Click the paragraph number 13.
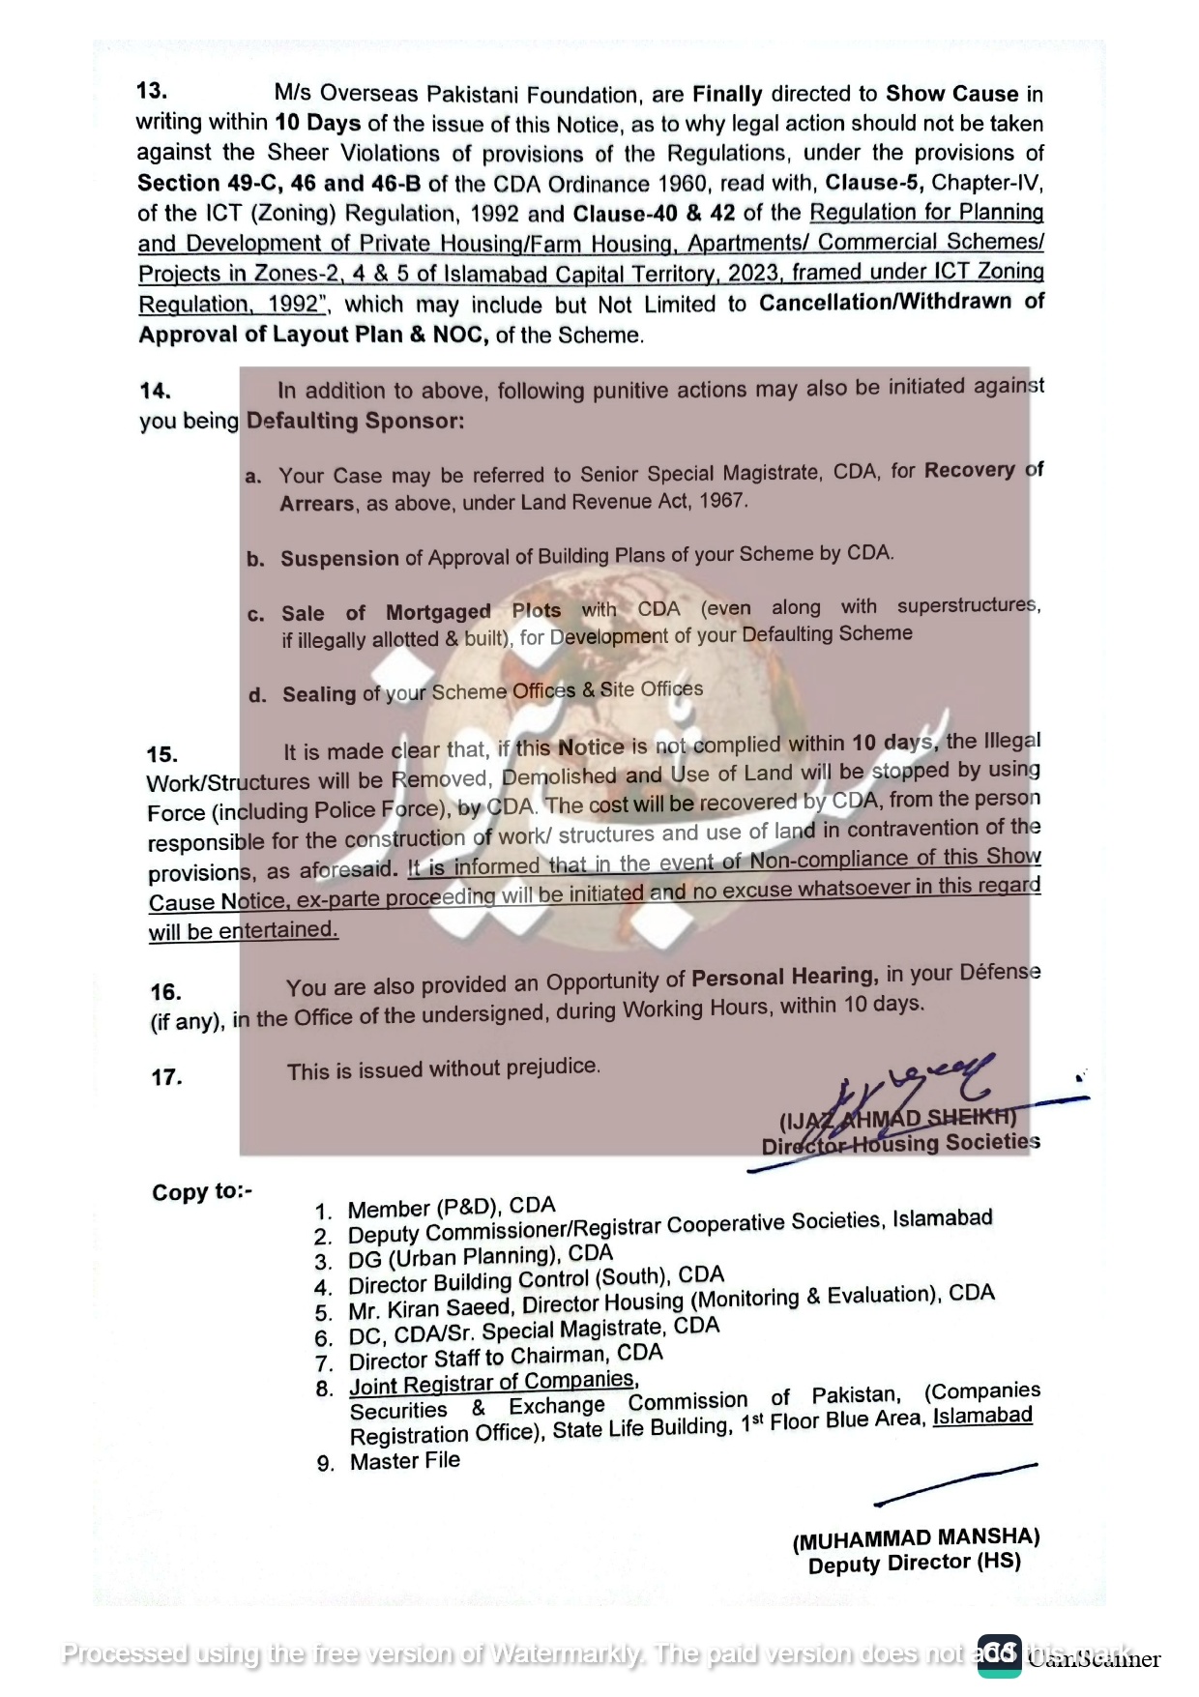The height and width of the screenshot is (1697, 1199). (152, 91)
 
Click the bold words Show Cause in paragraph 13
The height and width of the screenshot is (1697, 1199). (951, 94)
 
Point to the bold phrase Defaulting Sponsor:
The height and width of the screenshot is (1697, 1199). (355, 422)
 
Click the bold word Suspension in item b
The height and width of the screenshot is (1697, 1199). (339, 559)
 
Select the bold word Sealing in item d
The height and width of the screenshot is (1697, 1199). (319, 694)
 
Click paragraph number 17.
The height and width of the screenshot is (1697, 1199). (166, 1077)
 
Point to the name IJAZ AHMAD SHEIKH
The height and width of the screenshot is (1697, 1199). (897, 1120)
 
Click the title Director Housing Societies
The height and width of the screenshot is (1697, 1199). (900, 1144)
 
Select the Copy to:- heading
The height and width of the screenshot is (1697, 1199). (201, 1191)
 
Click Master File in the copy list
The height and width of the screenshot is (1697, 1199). (404, 1461)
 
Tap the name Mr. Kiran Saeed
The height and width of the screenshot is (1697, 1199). (430, 1308)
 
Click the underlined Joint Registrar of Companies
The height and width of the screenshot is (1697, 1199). (492, 1383)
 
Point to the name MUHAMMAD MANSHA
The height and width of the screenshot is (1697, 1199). (916, 1539)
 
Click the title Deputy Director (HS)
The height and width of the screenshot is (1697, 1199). (914, 1564)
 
